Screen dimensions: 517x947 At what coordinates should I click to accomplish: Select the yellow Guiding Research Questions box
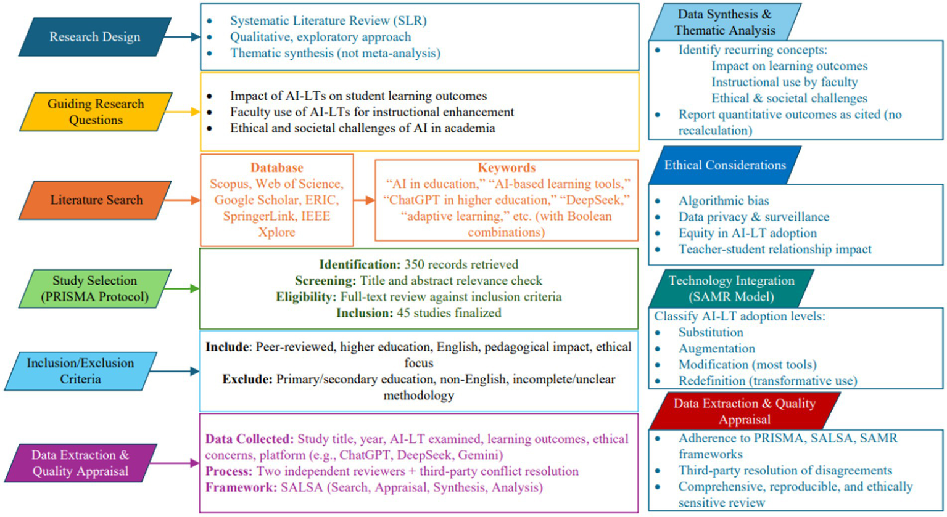point(95,111)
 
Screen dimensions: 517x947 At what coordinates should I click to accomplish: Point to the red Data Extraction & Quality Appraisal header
point(744,412)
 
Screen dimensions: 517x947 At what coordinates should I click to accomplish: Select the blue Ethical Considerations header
point(725,165)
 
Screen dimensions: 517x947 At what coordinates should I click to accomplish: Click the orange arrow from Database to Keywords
point(364,200)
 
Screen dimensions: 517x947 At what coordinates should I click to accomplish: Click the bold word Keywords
point(507,168)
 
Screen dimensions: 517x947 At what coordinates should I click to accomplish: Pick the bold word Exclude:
point(247,379)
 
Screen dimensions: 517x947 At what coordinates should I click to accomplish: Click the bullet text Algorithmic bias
point(715,201)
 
